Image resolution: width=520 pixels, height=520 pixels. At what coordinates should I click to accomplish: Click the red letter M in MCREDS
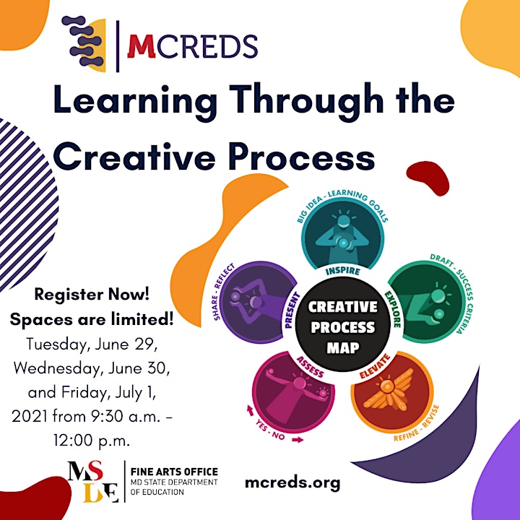(142, 45)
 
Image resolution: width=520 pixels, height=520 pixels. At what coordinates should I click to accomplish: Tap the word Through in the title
(306, 100)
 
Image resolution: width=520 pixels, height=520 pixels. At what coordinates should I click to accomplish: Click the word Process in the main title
(302, 157)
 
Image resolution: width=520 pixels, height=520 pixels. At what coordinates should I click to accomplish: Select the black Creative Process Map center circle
(343, 324)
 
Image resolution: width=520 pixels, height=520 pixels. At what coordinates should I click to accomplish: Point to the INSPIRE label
(342, 271)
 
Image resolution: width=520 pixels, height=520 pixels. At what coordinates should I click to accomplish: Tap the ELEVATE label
(375, 366)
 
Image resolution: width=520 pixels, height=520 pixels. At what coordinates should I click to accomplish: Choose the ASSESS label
(310, 367)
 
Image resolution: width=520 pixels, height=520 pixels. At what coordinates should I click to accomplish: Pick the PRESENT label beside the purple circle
(292, 311)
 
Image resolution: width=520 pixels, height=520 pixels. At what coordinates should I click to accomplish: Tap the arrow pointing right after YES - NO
(298, 440)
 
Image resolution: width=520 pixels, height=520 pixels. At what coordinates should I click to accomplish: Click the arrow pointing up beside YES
(250, 410)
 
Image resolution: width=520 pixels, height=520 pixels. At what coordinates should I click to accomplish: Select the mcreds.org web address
(292, 483)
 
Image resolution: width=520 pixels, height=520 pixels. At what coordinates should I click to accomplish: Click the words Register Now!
(92, 294)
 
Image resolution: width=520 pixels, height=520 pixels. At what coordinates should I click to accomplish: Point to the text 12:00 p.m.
(92, 441)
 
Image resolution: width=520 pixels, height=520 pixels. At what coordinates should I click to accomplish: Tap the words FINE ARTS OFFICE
(174, 472)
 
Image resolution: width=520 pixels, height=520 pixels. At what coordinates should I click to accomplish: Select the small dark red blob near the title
(428, 178)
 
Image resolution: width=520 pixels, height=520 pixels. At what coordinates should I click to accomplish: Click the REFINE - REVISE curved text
(417, 424)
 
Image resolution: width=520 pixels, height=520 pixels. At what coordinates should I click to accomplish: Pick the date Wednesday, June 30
(92, 368)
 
